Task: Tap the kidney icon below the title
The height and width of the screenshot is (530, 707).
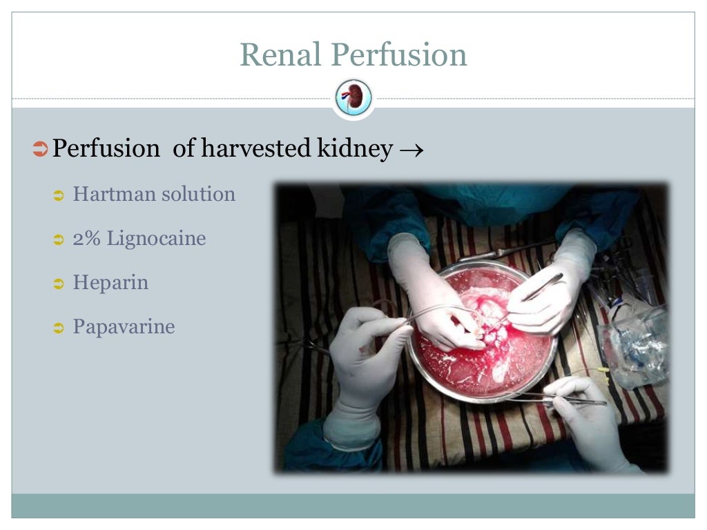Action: point(353,98)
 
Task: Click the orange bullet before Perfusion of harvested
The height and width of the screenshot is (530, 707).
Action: point(40,148)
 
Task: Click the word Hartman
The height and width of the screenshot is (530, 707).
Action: point(114,194)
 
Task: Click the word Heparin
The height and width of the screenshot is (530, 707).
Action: point(110,283)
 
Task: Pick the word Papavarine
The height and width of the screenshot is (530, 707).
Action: point(124,326)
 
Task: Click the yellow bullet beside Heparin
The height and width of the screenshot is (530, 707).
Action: point(59,284)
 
